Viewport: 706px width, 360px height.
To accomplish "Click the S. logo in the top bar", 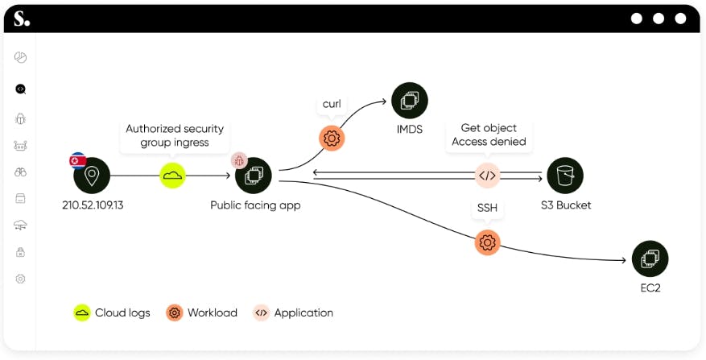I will tap(22, 18).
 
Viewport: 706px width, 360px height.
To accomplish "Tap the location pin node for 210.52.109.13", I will tap(92, 175).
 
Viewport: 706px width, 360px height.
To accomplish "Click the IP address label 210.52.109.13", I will tap(93, 205).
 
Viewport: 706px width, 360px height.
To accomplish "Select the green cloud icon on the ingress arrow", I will tap(172, 175).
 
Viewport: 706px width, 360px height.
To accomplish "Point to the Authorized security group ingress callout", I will tap(174, 135).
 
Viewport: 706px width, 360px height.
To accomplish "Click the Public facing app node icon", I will tap(254, 175).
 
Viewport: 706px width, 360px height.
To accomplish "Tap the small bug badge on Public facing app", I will tap(239, 160).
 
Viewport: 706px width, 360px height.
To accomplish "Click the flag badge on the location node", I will tap(78, 159).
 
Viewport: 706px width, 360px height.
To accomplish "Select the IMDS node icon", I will tap(410, 101).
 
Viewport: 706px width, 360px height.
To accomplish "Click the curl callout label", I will tap(332, 104).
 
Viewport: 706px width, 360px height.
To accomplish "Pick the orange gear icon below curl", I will tap(332, 138).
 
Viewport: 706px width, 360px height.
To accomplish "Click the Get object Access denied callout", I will tap(489, 134).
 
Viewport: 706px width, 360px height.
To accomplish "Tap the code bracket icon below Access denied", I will tap(488, 175).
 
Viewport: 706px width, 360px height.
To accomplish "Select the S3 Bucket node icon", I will tap(565, 175).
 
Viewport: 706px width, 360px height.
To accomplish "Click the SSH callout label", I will tap(487, 208).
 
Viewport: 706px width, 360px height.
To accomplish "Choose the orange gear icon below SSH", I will tap(487, 242).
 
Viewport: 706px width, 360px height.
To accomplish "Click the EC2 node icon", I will tap(650, 259).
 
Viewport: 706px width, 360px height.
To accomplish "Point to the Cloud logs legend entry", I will tap(112, 312).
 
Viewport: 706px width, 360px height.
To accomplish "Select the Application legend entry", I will tap(293, 312).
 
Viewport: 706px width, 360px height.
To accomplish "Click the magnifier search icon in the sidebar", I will tap(21, 89).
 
